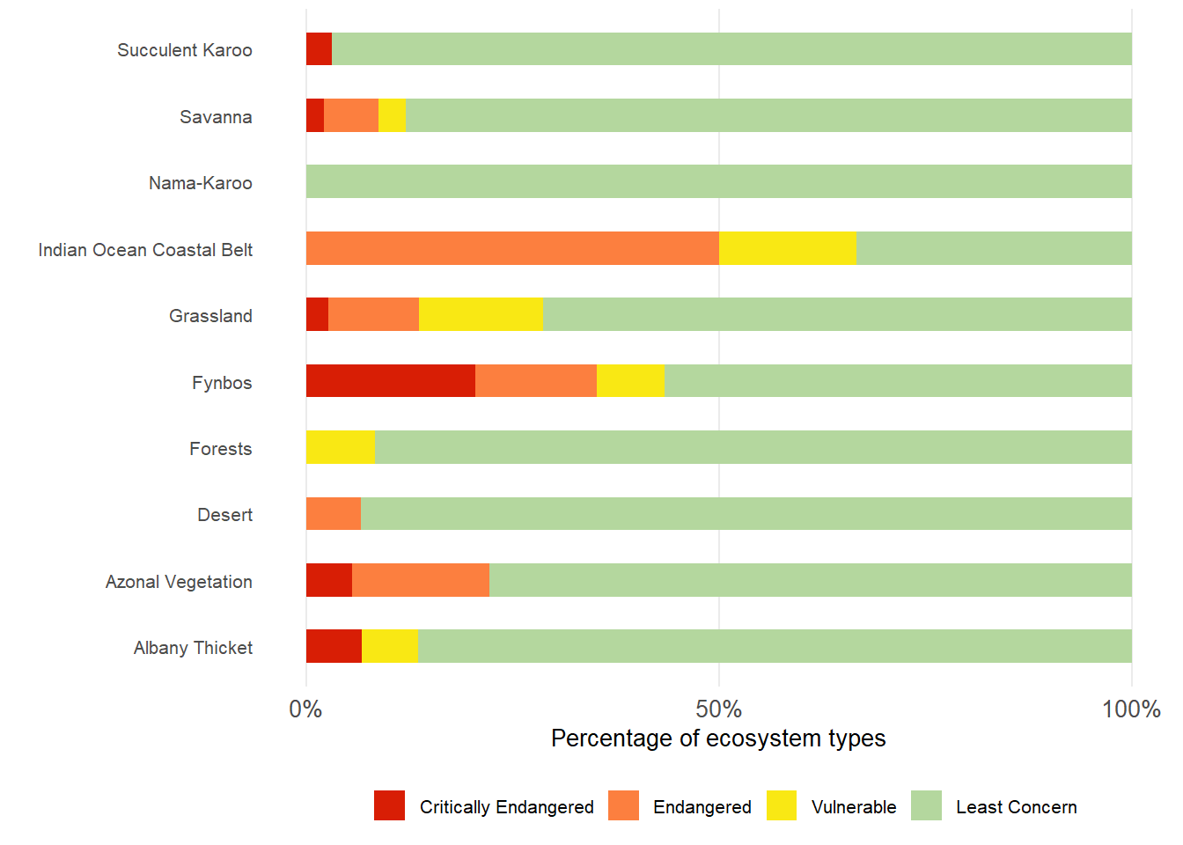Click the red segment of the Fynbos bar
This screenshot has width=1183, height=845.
point(390,381)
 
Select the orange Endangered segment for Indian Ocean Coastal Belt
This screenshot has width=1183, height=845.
point(512,248)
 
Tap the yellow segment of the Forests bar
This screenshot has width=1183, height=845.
point(340,447)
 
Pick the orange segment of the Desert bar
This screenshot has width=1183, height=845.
point(333,514)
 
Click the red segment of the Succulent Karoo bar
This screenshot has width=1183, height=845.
point(319,49)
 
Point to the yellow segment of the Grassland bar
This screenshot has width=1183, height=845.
point(481,314)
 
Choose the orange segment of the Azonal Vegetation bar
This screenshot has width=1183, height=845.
point(420,580)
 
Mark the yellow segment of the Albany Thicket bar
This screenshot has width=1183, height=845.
point(389,646)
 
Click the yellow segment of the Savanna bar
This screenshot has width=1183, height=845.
point(392,115)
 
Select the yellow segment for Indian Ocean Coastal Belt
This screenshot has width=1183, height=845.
point(787,248)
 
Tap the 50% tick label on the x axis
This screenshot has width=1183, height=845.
point(718,709)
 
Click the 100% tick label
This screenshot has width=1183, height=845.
point(1130,709)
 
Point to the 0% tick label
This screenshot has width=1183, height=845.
point(305,709)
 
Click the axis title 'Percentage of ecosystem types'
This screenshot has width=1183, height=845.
point(718,738)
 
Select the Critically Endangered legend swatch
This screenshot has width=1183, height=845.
point(389,805)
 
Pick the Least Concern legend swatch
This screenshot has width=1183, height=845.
point(926,805)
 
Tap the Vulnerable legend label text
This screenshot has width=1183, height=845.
point(853,807)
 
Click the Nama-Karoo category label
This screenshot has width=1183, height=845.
point(200,183)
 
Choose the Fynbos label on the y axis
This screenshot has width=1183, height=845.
point(222,383)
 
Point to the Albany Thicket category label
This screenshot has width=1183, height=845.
point(193,648)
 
